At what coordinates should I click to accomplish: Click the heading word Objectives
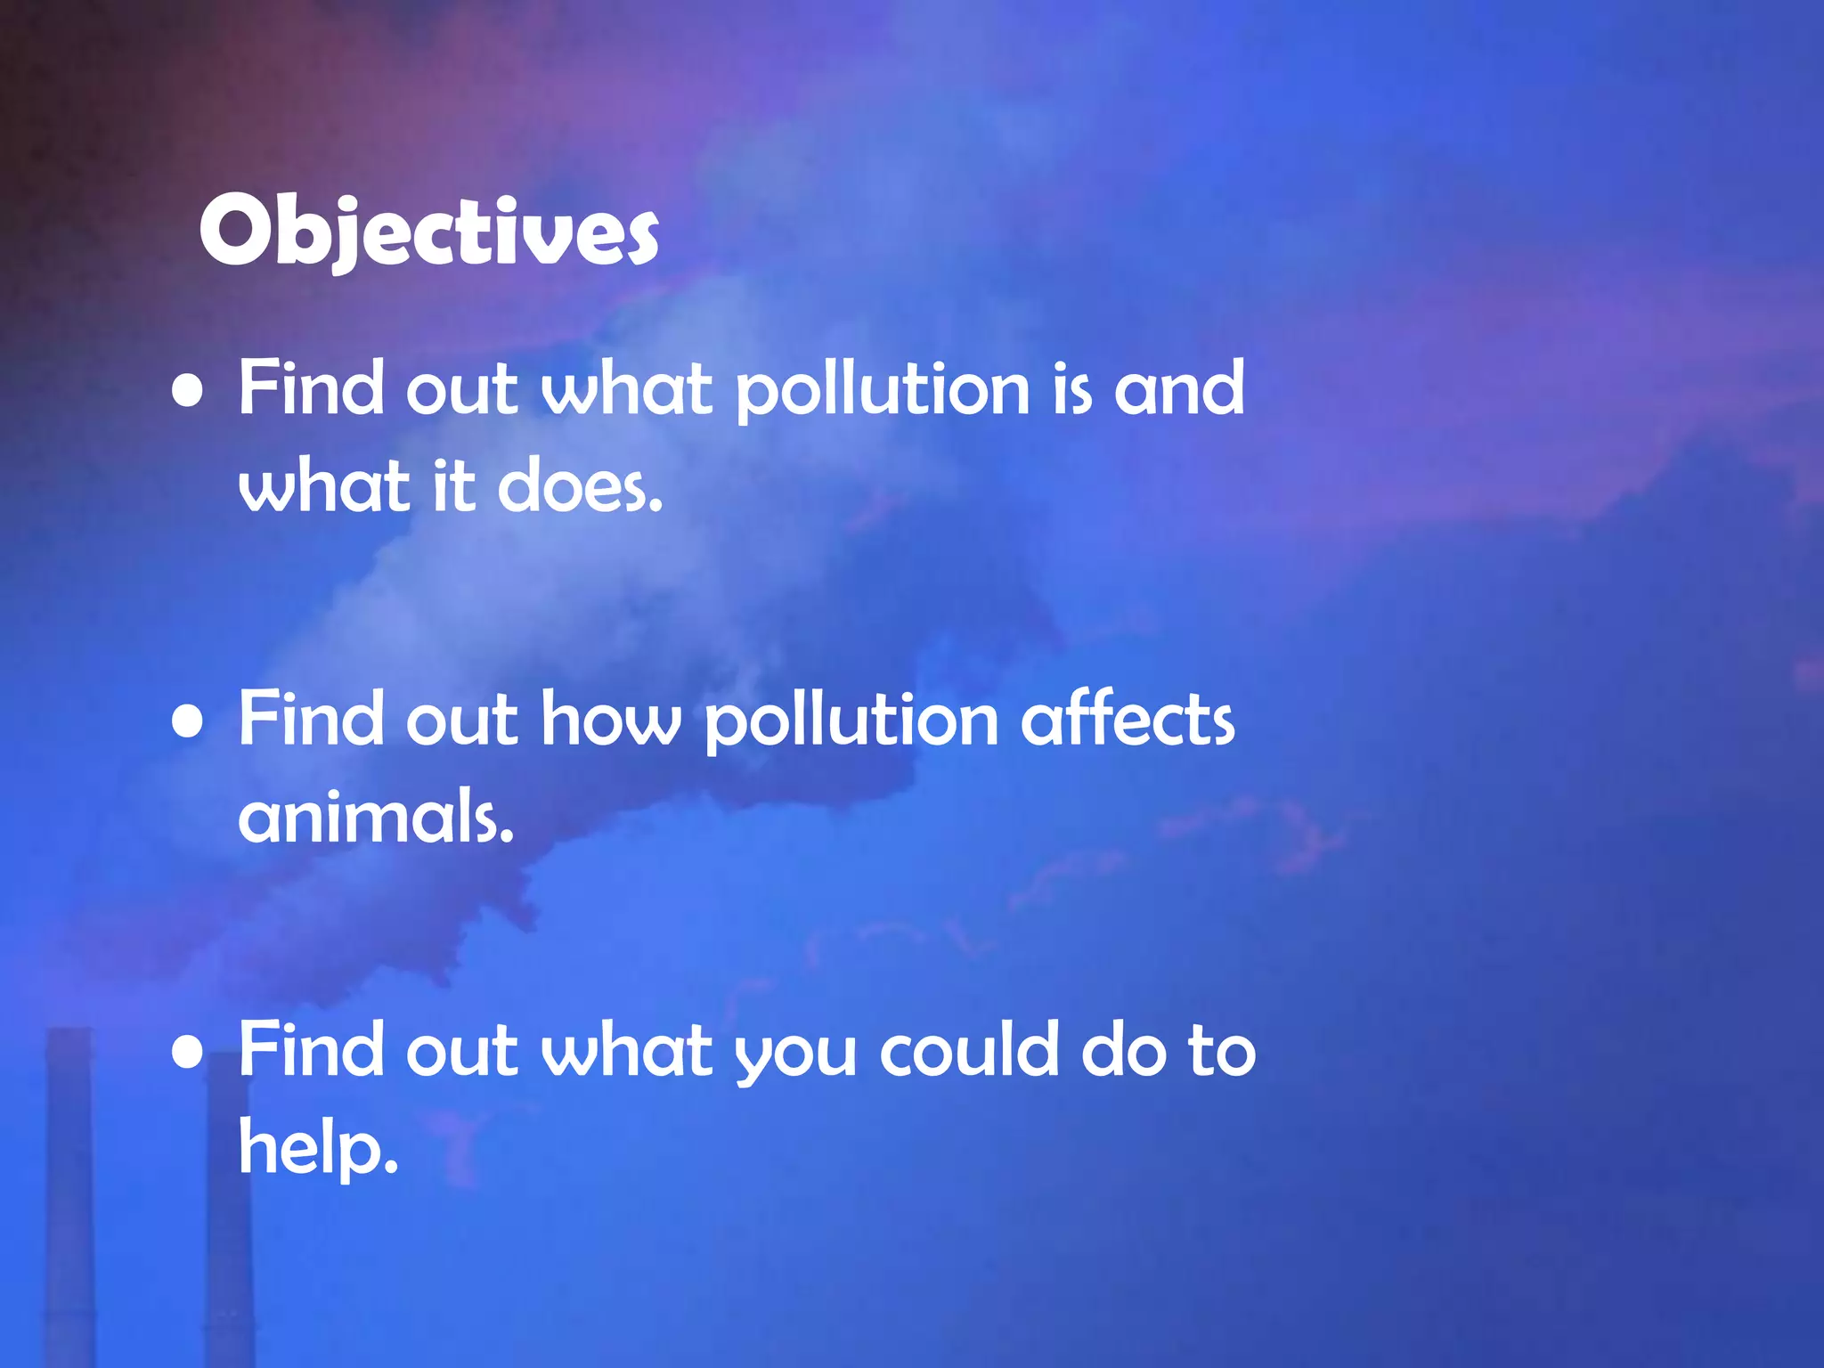(x=428, y=231)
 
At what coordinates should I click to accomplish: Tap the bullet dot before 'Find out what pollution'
(x=187, y=392)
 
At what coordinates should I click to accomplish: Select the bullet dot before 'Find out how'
(x=187, y=722)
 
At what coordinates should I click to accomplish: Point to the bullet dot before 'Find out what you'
(x=187, y=1053)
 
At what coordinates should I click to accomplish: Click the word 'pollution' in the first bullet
(x=883, y=392)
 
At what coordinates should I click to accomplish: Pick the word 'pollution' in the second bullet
(x=851, y=722)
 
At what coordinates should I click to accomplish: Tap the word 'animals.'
(x=377, y=818)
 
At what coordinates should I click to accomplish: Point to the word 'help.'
(x=318, y=1149)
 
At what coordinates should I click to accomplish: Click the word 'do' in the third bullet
(x=1123, y=1051)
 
